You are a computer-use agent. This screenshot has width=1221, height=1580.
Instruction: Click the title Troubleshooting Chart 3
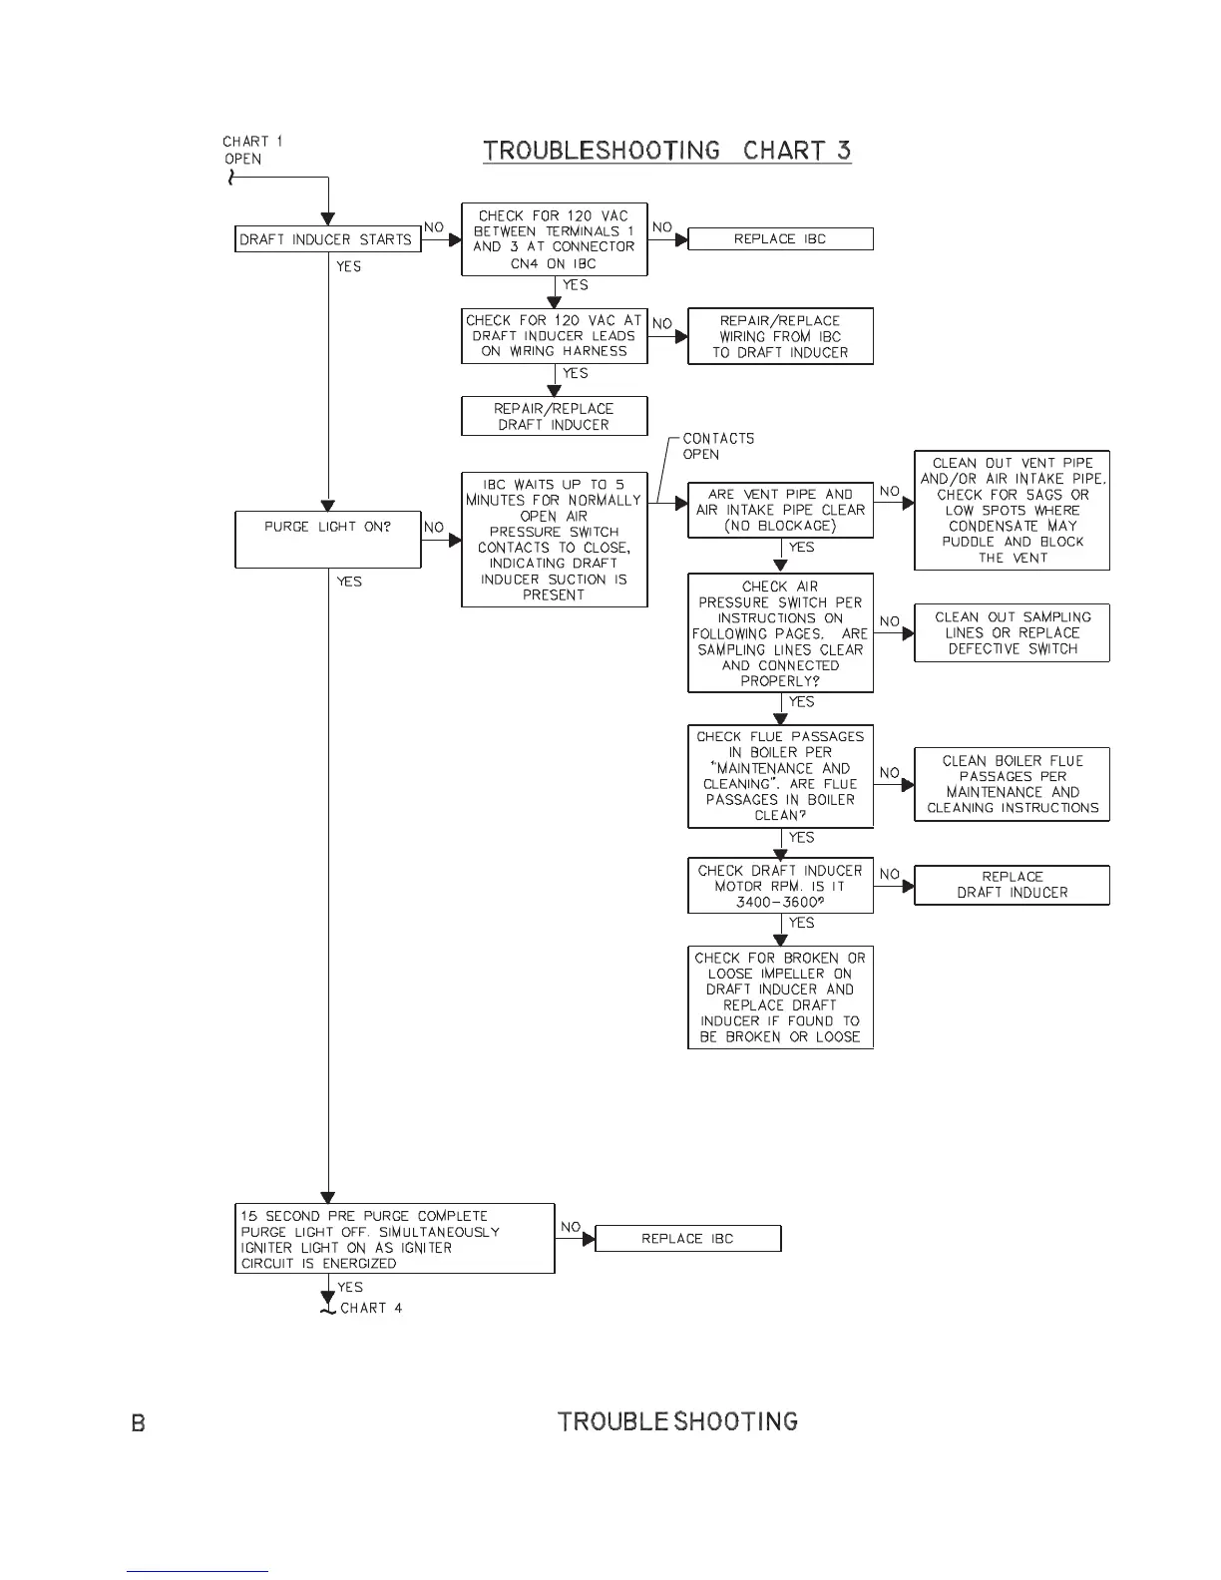click(x=666, y=151)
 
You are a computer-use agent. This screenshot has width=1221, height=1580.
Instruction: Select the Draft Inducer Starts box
click(x=327, y=239)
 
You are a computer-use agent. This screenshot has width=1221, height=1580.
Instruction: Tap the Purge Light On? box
click(x=327, y=539)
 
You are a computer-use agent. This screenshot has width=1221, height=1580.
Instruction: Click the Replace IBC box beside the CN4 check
click(x=780, y=239)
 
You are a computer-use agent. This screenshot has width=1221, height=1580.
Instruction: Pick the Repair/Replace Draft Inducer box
click(x=554, y=416)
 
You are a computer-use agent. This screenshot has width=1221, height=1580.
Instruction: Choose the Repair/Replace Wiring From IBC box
click(x=780, y=336)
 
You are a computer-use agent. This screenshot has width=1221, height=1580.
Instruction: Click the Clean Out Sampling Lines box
click(x=1012, y=632)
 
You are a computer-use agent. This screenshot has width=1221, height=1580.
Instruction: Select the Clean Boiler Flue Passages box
click(x=1012, y=784)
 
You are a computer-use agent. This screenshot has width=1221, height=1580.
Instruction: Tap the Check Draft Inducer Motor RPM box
click(x=780, y=886)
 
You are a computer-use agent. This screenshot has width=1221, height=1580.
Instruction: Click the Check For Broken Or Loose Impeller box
click(x=780, y=996)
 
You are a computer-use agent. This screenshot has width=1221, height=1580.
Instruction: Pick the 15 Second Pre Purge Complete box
click(x=394, y=1239)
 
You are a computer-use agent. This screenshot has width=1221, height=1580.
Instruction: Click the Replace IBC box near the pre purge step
click(x=687, y=1239)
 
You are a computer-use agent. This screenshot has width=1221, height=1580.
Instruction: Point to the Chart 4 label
click(x=371, y=1308)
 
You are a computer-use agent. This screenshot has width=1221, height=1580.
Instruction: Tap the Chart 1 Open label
click(x=251, y=150)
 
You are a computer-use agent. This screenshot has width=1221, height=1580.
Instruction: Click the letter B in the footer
click(x=139, y=1422)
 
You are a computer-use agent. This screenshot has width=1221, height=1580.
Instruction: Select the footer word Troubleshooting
click(x=677, y=1421)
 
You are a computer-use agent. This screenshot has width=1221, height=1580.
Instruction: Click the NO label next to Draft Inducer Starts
click(x=434, y=227)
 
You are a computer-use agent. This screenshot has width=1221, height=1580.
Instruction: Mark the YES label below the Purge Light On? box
click(x=349, y=582)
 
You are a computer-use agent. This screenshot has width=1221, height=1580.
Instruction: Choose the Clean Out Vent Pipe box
click(x=1012, y=510)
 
